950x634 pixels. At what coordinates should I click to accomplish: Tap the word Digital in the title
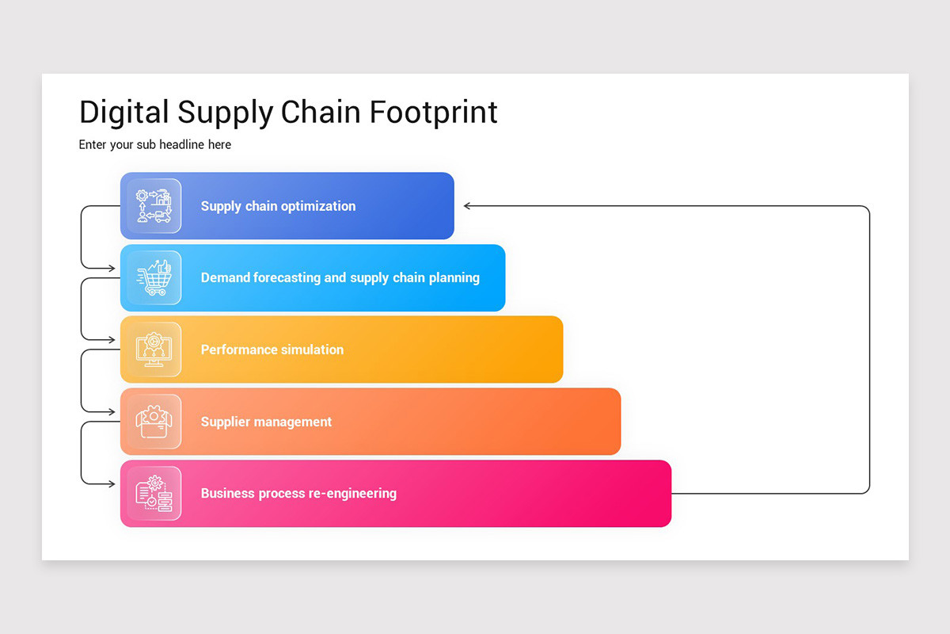coord(124,112)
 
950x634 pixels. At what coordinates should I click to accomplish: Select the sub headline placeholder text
coord(155,144)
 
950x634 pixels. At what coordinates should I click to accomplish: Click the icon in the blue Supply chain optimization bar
coord(154,206)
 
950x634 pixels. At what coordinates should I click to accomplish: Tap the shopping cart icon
coord(154,278)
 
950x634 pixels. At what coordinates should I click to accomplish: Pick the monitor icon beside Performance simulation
coord(154,349)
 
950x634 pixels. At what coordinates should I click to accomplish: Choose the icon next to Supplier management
coord(154,422)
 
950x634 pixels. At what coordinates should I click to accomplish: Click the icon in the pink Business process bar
coord(154,493)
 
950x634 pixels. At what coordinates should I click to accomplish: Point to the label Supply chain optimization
coord(278,206)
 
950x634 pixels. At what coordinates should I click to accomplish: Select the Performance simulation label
coord(272,349)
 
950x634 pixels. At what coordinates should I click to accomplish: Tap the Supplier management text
coord(266,422)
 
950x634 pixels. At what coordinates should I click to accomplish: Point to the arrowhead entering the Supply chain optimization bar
coord(467,206)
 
